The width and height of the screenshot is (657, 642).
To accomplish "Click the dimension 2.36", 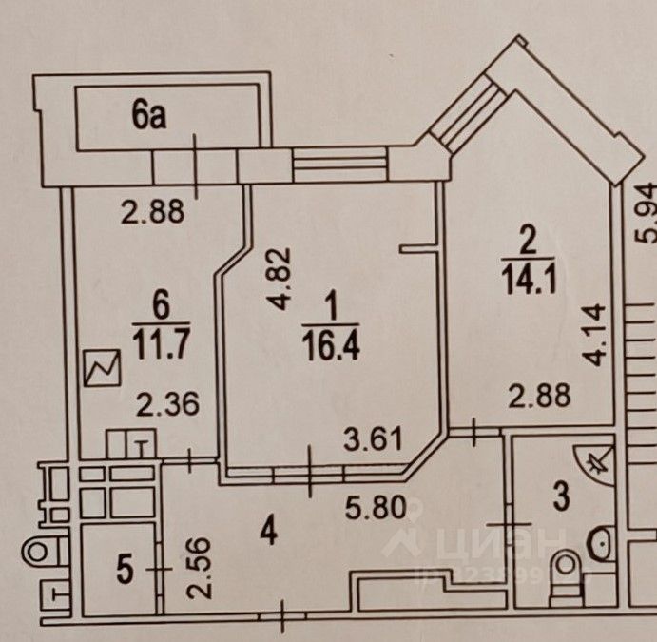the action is [167, 406].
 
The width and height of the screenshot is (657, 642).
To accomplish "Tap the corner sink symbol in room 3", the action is [600, 463].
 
